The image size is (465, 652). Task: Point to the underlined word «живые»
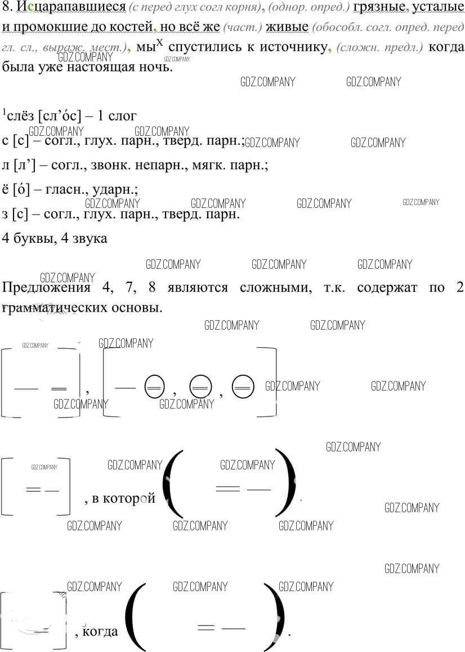(x=287, y=27)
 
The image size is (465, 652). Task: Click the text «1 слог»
(x=117, y=116)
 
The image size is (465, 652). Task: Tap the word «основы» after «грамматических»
(x=138, y=308)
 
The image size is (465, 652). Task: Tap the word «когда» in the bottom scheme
(x=100, y=631)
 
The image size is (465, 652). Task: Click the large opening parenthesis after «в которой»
(x=173, y=483)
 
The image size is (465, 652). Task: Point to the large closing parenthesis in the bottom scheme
(x=275, y=610)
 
